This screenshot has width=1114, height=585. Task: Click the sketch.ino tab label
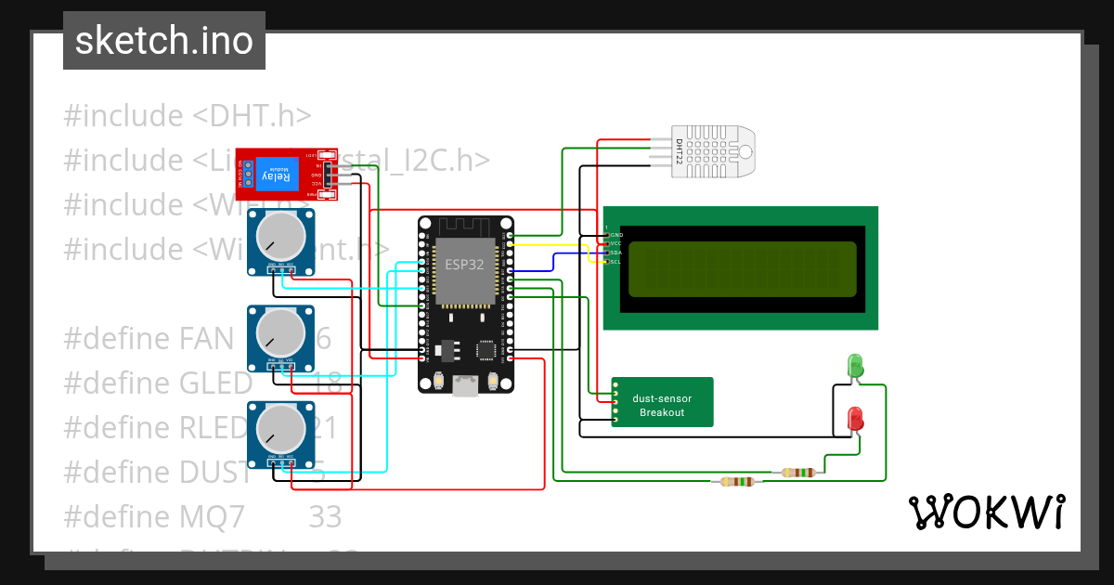[163, 41]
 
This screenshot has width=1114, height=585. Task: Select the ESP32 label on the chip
[463, 264]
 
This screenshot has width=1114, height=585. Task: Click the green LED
[855, 365]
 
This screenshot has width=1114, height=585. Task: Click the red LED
[855, 418]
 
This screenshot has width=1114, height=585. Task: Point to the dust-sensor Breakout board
[662, 403]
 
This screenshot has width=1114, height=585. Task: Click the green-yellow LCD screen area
[742, 268]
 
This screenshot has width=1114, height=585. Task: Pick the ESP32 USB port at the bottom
[464, 385]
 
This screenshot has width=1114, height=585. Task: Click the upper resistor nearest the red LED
[798, 472]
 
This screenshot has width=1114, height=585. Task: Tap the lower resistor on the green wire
[737, 481]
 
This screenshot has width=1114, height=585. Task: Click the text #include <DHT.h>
[187, 116]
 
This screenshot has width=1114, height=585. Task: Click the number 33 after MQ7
[325, 516]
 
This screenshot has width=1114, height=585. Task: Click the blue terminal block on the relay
[244, 174]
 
